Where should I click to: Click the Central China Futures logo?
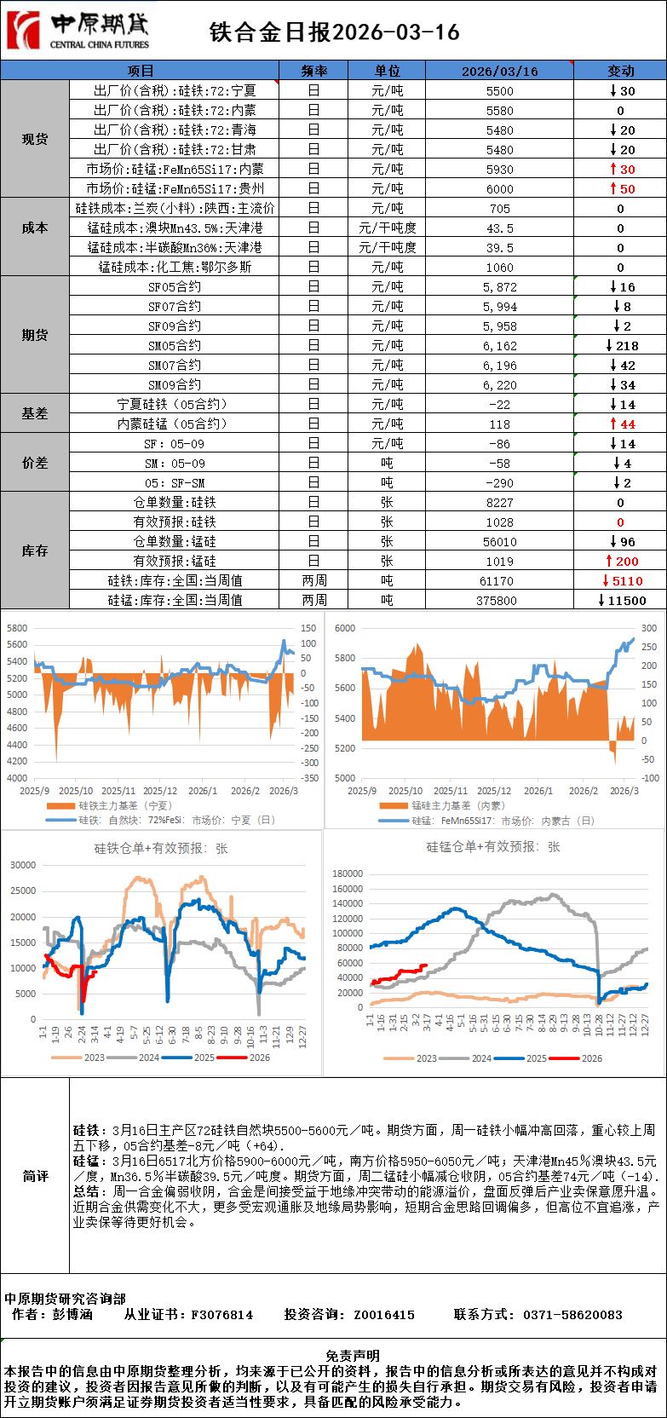[x=78, y=31]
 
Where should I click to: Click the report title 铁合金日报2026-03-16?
[x=334, y=32]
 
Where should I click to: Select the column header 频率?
[x=313, y=71]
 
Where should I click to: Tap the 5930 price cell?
[x=500, y=170]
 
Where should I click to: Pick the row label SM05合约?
[x=175, y=346]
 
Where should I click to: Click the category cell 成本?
[x=35, y=228]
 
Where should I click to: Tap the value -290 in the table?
[x=499, y=483]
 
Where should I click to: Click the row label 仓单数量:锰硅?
[x=175, y=542]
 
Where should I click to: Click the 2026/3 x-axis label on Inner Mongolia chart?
[x=624, y=791]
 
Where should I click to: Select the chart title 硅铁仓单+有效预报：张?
[x=161, y=849]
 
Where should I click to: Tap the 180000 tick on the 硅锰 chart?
[x=347, y=873]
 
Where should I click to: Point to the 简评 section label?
[x=35, y=1176]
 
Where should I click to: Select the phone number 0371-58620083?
[x=572, y=1315]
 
